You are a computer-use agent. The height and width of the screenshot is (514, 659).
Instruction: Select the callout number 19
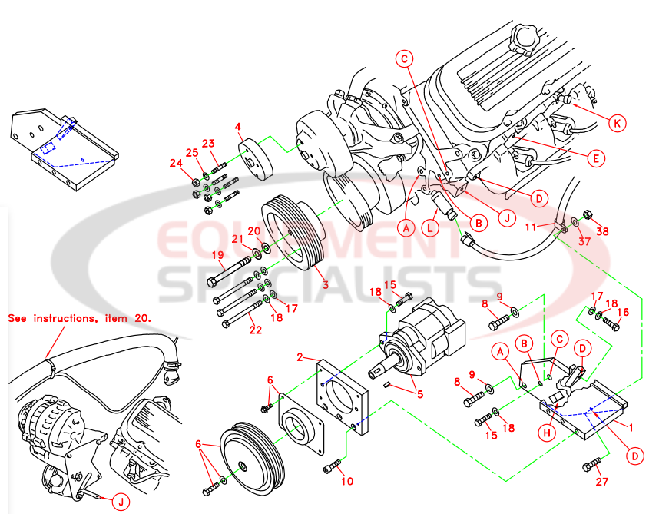pos(219,256)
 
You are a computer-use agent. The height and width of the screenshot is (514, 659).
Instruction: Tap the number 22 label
pos(255,330)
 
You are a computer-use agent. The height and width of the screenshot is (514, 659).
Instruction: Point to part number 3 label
pos(325,285)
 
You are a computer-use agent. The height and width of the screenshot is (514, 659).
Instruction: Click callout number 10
pos(347,482)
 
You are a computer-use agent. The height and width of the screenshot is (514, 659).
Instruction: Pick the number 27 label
pos(601,482)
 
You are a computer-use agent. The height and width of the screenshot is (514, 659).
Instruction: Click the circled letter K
pos(615,122)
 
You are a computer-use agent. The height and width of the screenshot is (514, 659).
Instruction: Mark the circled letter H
pos(547,433)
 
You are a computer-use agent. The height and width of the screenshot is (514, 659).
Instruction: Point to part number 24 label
pos(176,163)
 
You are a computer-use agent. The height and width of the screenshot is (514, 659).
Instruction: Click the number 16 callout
pos(624,312)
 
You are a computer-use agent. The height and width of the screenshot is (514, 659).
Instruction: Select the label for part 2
pos(301,356)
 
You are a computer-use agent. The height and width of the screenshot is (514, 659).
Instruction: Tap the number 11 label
pos(530,227)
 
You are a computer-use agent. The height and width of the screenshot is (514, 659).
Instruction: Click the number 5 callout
pos(419,395)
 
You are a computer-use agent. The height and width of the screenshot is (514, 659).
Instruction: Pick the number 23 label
pos(208,143)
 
